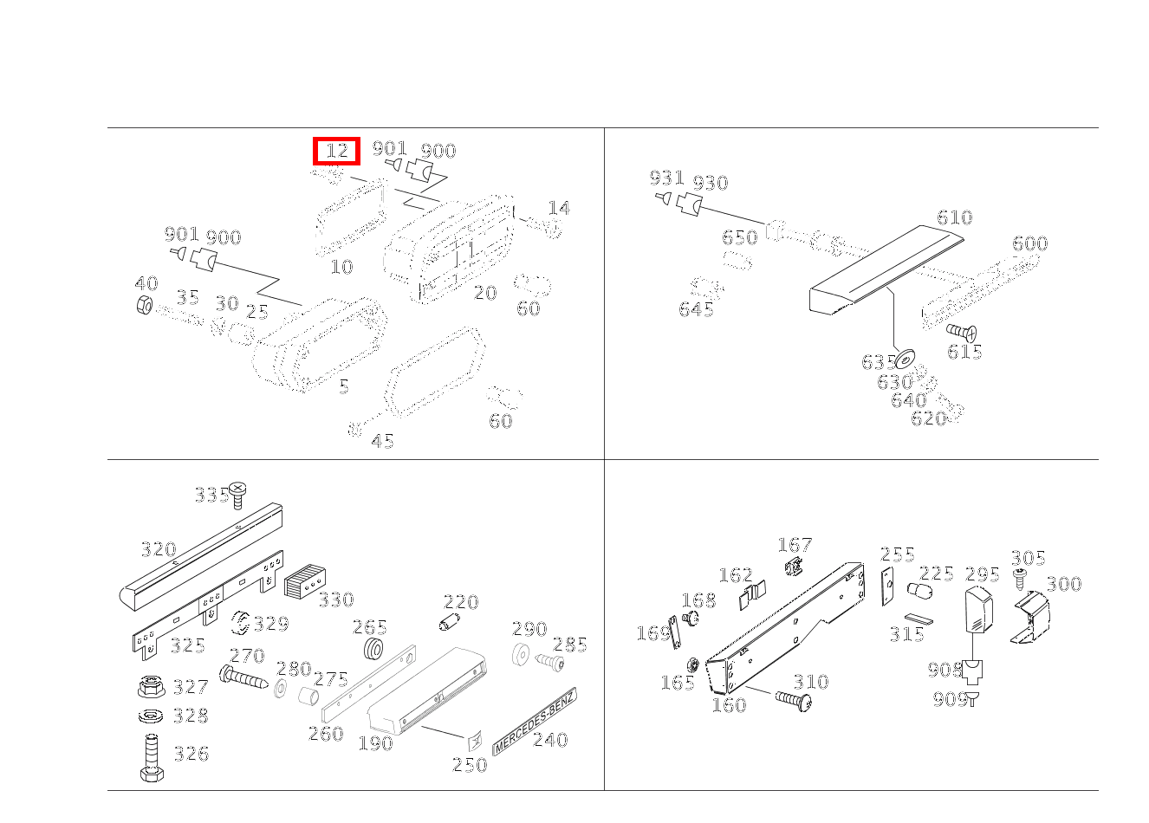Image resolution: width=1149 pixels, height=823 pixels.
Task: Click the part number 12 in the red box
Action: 336,152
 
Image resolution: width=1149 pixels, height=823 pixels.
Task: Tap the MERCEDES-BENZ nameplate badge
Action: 534,721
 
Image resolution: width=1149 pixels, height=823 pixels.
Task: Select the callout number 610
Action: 954,217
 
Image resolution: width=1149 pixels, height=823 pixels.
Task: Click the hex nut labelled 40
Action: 145,305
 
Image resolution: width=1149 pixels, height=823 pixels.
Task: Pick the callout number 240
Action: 550,740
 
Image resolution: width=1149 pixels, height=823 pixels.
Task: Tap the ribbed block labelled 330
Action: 303,580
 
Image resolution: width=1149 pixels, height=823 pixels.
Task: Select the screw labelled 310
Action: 793,698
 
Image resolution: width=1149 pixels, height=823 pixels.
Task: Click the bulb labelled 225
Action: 916,592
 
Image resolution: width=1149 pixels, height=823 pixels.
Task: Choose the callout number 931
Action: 666,178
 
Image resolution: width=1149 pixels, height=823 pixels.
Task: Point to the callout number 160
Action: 728,705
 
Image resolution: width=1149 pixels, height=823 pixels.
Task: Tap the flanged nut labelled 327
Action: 151,688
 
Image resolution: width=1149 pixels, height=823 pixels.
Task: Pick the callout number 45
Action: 382,442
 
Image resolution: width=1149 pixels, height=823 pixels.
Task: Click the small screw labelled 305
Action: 1019,576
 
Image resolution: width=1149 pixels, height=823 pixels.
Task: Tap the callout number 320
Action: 158,549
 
